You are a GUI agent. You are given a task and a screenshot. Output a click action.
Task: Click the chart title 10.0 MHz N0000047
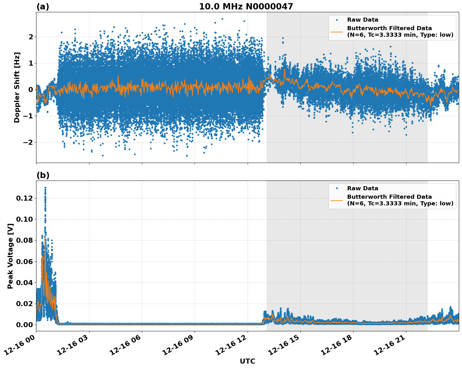[x=246, y=7]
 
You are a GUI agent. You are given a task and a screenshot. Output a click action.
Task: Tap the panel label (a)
[x=43, y=7]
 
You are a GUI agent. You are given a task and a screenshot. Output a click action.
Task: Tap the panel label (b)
[x=43, y=175]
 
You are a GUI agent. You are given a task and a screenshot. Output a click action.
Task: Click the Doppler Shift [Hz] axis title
[x=17, y=87]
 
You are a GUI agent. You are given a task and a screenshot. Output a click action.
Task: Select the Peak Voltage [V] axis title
[x=10, y=256]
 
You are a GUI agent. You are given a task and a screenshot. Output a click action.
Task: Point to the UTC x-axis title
[x=247, y=361]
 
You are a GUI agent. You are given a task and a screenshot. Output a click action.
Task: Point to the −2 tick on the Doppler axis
[x=26, y=142]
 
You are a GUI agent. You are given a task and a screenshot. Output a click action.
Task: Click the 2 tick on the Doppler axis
[x=30, y=37]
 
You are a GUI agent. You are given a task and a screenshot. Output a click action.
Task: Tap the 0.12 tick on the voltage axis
[x=24, y=198]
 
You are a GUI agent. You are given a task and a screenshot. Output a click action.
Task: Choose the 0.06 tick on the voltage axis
[x=24, y=261]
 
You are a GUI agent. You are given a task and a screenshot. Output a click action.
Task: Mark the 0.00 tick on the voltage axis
[x=24, y=325]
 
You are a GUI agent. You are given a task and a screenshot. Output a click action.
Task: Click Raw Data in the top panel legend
[x=363, y=20]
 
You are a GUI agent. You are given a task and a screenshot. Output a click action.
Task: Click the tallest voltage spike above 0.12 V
[x=45, y=188]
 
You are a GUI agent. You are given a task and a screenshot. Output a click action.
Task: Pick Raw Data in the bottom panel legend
[x=363, y=188]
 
